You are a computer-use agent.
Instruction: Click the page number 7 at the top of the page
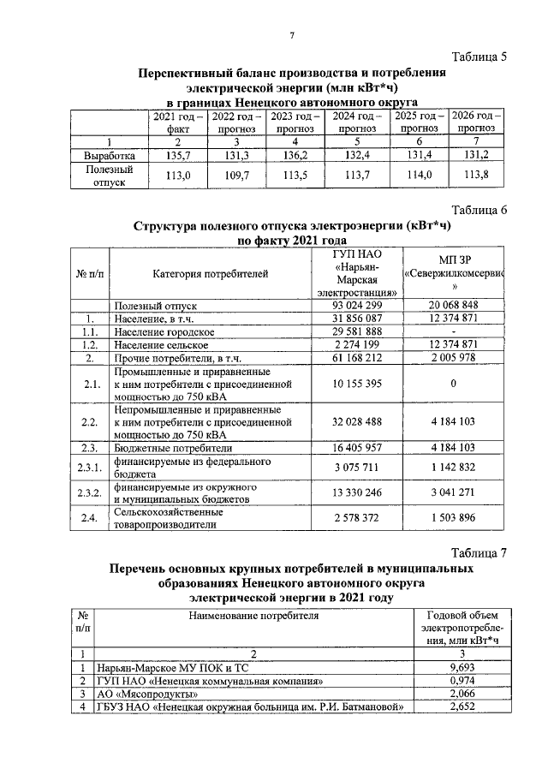pos(291,35)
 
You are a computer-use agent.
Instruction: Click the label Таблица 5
pos(479,57)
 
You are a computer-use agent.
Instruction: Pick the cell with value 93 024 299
pos(361,305)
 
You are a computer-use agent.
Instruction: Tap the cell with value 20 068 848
pos(453,305)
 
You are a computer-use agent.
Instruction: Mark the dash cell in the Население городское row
pos(453,331)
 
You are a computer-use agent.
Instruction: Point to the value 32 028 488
pos(361,422)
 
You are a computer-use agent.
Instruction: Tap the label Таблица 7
pos(479,553)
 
